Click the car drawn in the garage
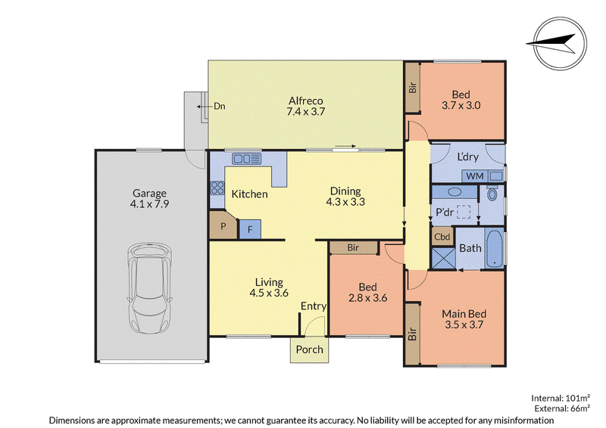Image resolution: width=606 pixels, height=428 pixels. click(x=149, y=288)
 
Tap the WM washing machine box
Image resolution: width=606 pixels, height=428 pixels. click(x=475, y=176)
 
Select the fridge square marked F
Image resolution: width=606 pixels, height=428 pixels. click(x=250, y=229)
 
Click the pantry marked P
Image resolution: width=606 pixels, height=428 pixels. click(x=223, y=225)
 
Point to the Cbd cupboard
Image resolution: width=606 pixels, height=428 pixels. click(x=442, y=236)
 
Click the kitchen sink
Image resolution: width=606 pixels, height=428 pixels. click(x=247, y=159)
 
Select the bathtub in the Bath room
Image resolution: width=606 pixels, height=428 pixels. click(x=495, y=249)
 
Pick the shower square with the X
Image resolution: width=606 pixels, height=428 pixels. click(x=444, y=258)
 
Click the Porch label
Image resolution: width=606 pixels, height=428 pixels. click(x=310, y=349)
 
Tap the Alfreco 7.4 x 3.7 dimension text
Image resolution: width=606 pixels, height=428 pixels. click(x=306, y=111)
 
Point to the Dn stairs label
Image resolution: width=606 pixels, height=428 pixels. click(x=220, y=106)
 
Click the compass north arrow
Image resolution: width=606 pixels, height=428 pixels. click(x=551, y=43)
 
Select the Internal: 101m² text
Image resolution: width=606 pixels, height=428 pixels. click(x=561, y=398)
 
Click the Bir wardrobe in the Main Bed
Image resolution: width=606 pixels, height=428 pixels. click(x=412, y=333)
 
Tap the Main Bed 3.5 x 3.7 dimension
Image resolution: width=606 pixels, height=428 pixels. click(x=464, y=324)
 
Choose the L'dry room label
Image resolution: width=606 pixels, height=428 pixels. click(x=467, y=157)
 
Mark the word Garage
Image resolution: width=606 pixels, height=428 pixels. click(x=149, y=194)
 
